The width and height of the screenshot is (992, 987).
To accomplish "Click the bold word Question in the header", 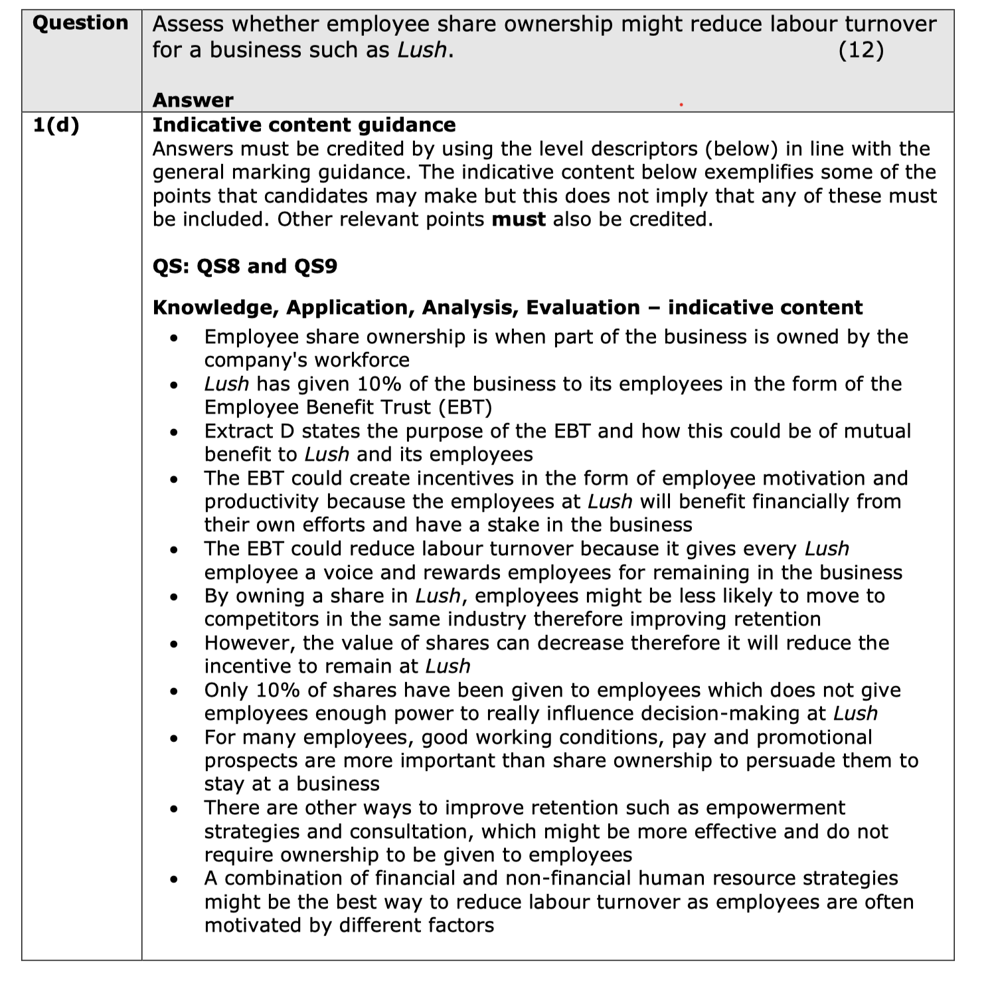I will (x=80, y=23).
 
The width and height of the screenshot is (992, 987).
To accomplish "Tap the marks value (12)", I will (x=861, y=50).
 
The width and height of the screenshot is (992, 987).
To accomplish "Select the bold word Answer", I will (x=193, y=100).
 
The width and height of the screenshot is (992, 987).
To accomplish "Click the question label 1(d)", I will (x=56, y=125).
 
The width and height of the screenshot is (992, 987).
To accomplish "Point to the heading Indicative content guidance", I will (x=304, y=125).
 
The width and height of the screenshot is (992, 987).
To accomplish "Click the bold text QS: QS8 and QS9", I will (x=244, y=266).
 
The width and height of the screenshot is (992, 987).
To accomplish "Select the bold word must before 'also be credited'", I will (x=519, y=219).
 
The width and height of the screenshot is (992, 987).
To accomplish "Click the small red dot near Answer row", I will (x=681, y=104).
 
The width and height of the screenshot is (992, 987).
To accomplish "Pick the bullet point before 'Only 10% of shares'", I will (x=174, y=691).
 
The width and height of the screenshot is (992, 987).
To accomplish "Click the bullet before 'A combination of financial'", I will (x=174, y=879).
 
